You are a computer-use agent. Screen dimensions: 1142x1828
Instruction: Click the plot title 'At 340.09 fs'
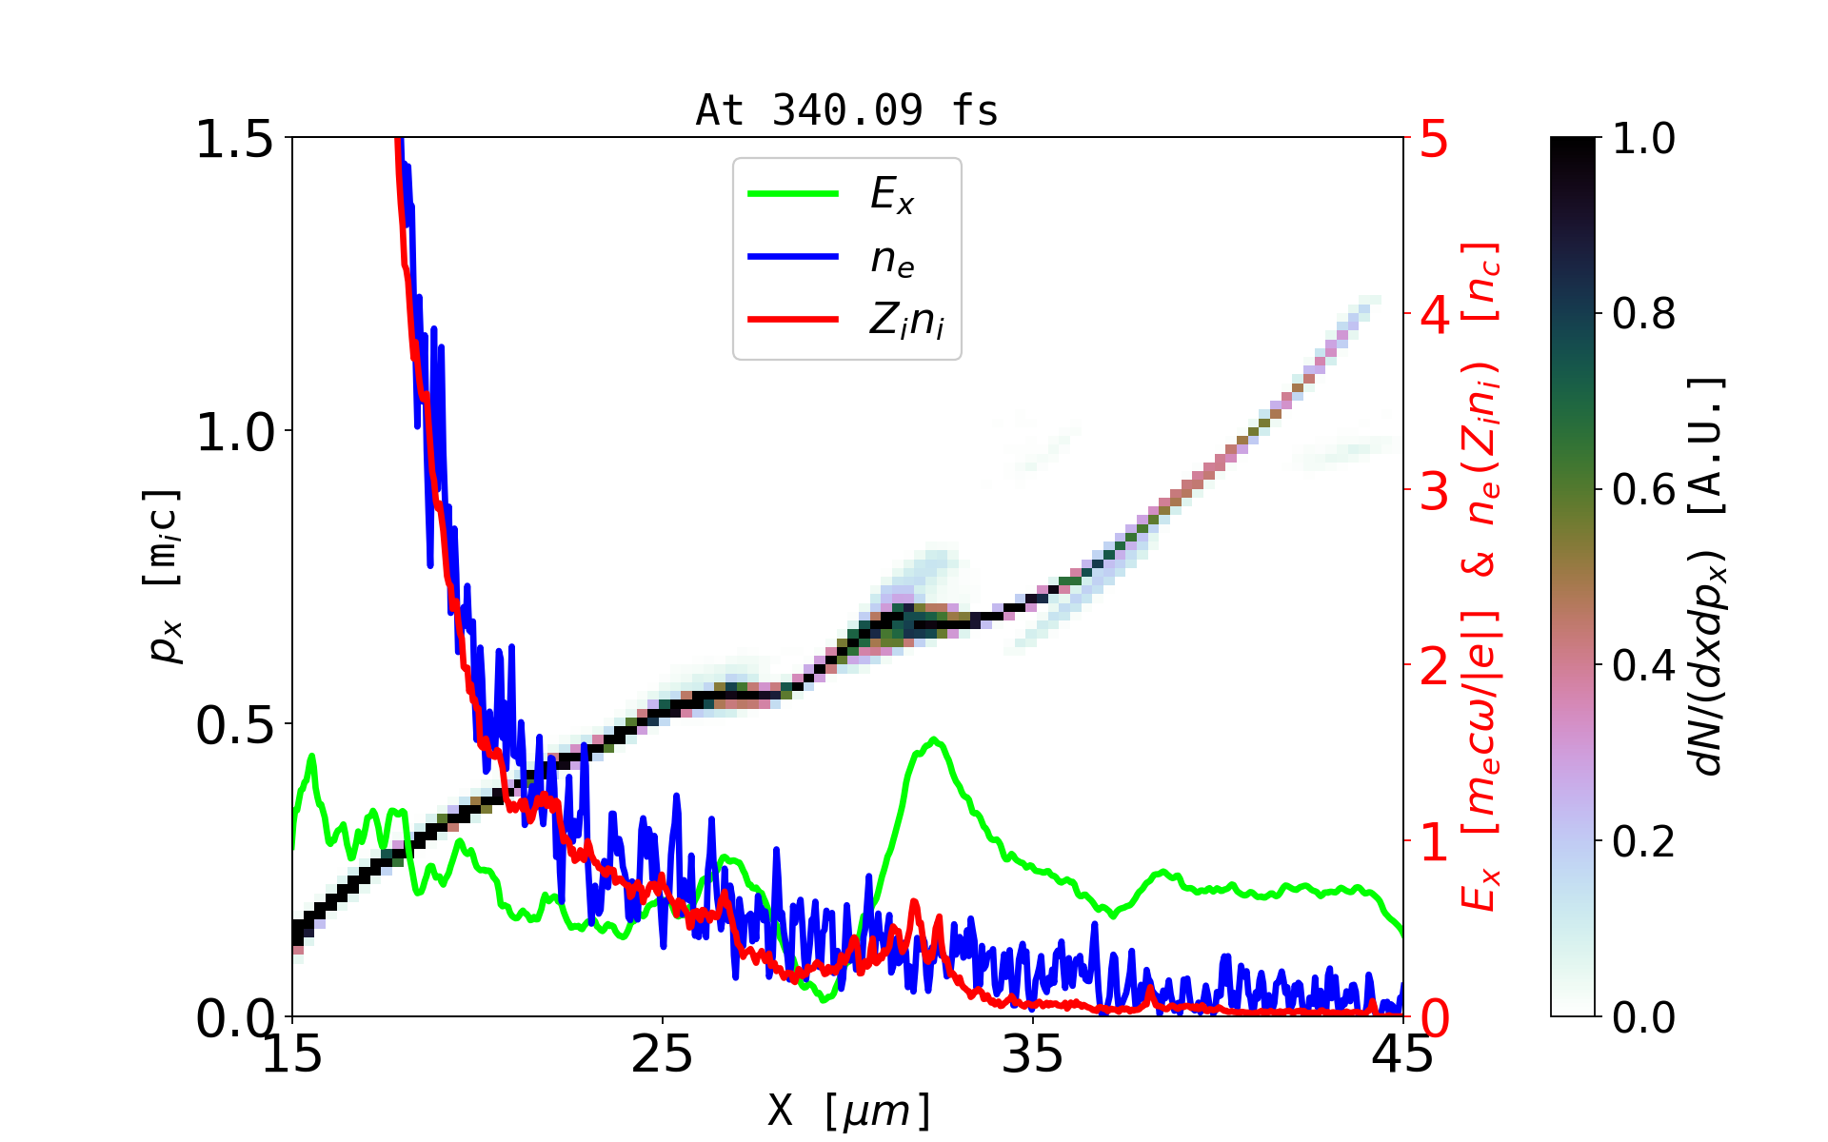pos(846,110)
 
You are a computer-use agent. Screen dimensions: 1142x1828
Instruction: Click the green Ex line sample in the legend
pos(793,194)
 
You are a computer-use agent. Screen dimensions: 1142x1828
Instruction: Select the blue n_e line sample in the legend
pos(793,257)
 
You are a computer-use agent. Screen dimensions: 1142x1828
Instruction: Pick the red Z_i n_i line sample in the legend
pos(793,320)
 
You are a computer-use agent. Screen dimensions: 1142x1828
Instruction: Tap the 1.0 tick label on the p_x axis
pos(234,432)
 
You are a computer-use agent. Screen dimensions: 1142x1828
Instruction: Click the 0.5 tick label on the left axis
pos(234,725)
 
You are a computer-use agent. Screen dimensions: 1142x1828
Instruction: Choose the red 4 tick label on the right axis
pos(1434,314)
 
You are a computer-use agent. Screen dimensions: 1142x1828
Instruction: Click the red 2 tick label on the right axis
pos(1434,666)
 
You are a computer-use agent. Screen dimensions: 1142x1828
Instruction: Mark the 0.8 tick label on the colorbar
pos(1643,314)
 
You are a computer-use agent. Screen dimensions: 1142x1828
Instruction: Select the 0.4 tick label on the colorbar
pos(1643,666)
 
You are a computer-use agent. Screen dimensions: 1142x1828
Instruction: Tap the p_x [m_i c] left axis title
pos(163,576)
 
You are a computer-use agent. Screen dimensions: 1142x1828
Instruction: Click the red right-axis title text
pos(1480,576)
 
